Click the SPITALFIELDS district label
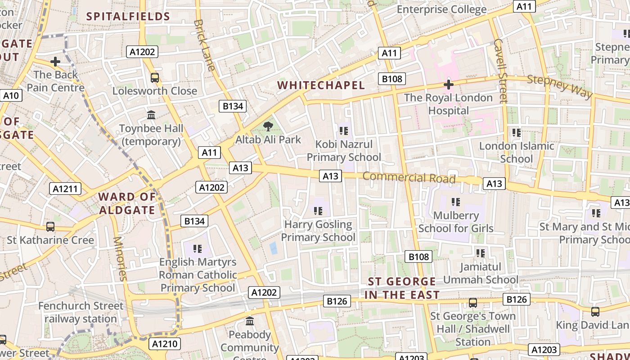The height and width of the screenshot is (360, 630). coord(128,17)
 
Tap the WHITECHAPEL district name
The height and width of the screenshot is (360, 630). coord(321,85)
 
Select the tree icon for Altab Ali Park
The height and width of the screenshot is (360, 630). coord(268,126)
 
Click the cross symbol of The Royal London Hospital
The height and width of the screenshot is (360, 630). coord(448,84)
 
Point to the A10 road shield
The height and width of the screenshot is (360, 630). coord(11,95)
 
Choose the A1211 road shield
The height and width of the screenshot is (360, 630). coord(65,189)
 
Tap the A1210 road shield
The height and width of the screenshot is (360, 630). coord(165,344)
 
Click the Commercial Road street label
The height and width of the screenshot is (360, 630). coord(409,177)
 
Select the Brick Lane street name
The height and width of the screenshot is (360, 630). coord(205,45)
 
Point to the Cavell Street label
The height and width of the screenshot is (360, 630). coord(500,71)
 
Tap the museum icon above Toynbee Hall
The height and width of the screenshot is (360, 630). coord(151,115)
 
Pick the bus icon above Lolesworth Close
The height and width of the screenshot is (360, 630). coord(155,78)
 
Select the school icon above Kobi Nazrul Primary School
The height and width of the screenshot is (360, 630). coord(344,131)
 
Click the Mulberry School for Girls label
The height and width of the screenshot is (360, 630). coord(456,222)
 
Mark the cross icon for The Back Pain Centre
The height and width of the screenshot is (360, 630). coord(55,61)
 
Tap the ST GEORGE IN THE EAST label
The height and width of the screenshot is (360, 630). coord(402,288)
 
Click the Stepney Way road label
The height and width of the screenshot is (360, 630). coord(559,86)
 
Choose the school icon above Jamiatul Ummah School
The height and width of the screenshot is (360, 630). coord(481,253)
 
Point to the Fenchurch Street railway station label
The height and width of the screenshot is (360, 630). coord(81,312)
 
